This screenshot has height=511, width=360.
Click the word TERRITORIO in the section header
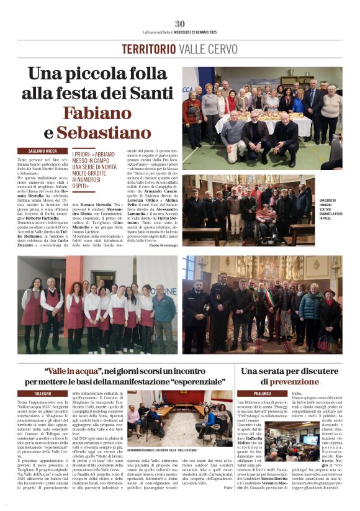(x=148, y=50)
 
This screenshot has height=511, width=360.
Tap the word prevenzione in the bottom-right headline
(x=286, y=382)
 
